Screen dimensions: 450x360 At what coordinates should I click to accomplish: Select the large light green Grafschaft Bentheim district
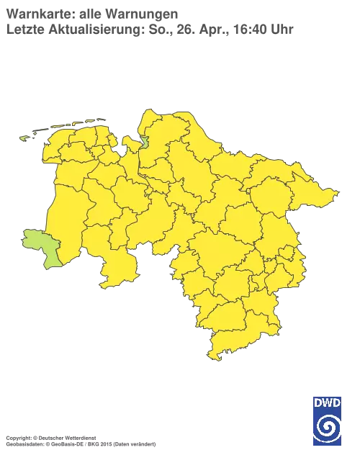click(x=40, y=247)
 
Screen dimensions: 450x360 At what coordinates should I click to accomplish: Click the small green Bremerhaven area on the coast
click(x=144, y=141)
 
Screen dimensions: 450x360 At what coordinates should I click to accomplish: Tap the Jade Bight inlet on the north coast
click(x=123, y=150)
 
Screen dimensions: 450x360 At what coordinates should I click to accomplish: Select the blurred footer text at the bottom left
click(x=79, y=437)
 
